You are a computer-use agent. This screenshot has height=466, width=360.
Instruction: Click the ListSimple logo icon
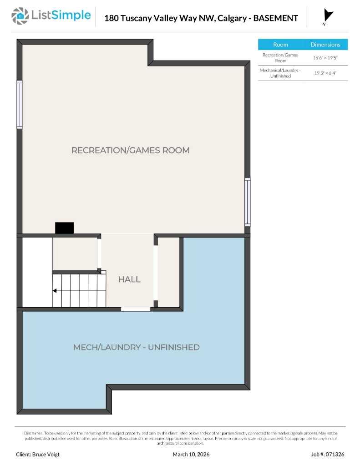coord(20,16)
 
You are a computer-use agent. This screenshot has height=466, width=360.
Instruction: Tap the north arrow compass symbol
coord(327,16)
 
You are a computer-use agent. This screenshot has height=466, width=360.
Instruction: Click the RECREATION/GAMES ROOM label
coord(130,150)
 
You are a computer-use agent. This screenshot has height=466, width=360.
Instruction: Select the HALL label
coord(129,279)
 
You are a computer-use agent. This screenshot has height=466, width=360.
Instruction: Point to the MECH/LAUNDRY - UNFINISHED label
coord(136,347)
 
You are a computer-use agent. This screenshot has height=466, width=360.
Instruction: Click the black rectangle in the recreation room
coord(64,228)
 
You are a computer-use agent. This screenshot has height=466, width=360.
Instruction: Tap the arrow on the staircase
coord(55,291)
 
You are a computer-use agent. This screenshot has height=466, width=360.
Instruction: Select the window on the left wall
coord(20,105)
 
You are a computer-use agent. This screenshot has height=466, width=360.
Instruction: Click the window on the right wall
coord(247,202)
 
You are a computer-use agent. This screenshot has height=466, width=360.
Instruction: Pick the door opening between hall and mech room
coord(136,309)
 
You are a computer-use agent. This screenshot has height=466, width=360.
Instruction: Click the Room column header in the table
coord(280,45)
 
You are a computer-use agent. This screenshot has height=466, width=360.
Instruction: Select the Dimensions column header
coord(325,45)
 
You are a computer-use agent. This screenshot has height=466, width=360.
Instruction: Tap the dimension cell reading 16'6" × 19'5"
coord(325,58)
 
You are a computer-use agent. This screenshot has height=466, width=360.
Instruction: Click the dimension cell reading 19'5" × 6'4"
coord(325,73)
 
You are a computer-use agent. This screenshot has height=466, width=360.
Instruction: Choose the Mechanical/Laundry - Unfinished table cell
coord(280,73)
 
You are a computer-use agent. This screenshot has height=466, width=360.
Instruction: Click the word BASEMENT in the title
coord(275,18)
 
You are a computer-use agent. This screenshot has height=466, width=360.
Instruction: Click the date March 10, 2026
coord(191,454)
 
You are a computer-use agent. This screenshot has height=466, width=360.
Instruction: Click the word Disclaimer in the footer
coord(33,433)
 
